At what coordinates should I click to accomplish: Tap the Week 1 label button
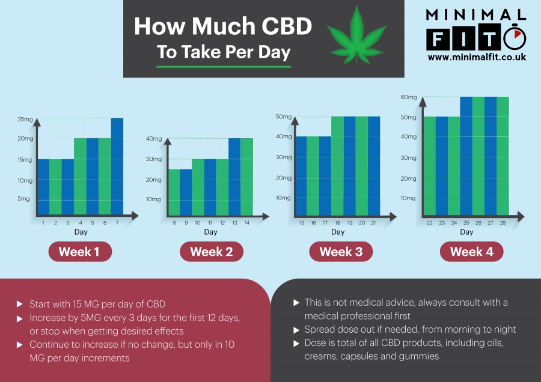80,252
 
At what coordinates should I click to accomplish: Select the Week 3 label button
341,252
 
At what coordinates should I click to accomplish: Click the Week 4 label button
471,252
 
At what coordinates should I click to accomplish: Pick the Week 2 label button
211,252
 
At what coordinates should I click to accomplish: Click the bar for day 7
117,166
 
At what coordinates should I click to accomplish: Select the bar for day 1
43,187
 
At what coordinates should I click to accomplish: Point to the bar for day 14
246,177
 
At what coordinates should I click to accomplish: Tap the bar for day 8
173,192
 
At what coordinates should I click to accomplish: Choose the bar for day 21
374,166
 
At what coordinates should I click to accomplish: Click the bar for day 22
429,166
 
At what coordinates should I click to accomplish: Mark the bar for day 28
503,156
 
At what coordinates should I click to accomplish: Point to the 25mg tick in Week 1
25,119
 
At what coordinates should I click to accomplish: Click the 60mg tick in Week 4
408,97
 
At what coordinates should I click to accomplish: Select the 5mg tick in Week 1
24,199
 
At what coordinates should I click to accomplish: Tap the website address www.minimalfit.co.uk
477,57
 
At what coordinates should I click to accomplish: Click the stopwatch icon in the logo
515,39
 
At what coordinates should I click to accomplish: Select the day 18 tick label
337,223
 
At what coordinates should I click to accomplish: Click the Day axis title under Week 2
210,232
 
